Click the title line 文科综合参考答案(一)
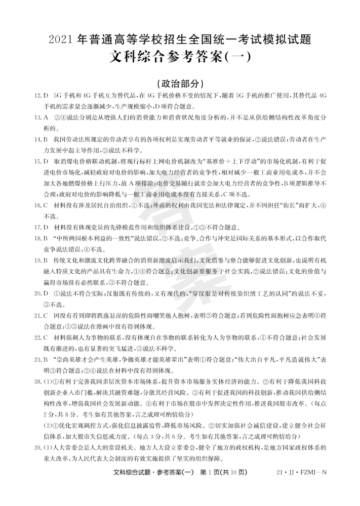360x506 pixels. tap(180, 57)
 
